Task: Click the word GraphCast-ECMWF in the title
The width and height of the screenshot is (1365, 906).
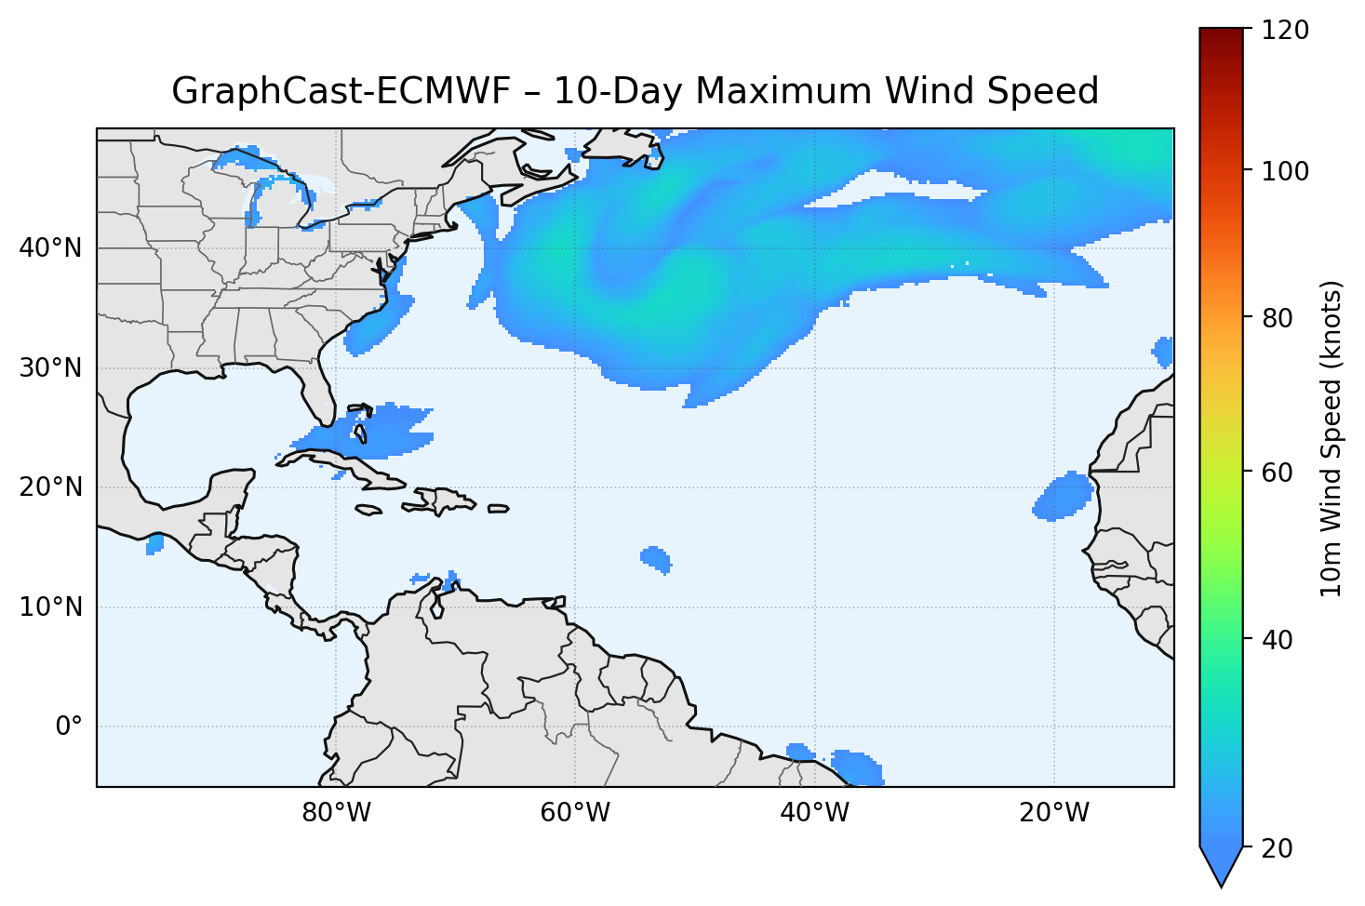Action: (x=341, y=92)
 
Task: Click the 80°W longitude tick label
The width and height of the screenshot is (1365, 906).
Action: (x=336, y=813)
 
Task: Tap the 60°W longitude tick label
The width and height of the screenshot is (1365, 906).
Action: (x=575, y=813)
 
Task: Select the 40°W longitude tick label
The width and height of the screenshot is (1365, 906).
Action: (x=814, y=813)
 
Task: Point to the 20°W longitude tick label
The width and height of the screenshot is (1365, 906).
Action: (x=1053, y=813)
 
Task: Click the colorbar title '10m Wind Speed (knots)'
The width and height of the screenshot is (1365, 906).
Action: (x=1332, y=438)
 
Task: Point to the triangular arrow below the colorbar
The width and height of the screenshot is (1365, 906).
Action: (x=1222, y=865)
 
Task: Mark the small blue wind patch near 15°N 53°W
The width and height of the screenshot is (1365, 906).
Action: (x=656, y=559)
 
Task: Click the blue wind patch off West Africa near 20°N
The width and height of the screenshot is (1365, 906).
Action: (x=1063, y=496)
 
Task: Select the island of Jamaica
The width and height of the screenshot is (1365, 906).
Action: (x=368, y=510)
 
